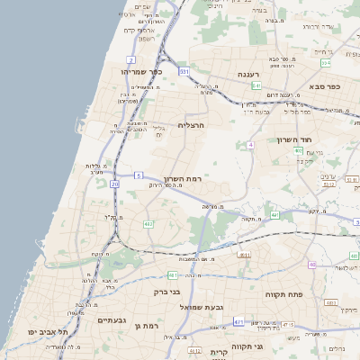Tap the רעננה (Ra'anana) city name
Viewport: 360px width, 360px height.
point(249,74)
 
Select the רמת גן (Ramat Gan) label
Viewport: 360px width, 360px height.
point(147,325)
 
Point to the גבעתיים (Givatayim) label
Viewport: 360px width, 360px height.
point(116,319)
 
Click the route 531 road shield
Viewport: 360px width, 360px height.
point(184,70)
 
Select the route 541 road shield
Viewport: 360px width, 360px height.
point(256,85)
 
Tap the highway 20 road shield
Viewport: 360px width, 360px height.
point(114,184)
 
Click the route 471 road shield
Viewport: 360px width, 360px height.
point(238,321)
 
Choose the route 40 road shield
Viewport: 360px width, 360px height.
point(312,265)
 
